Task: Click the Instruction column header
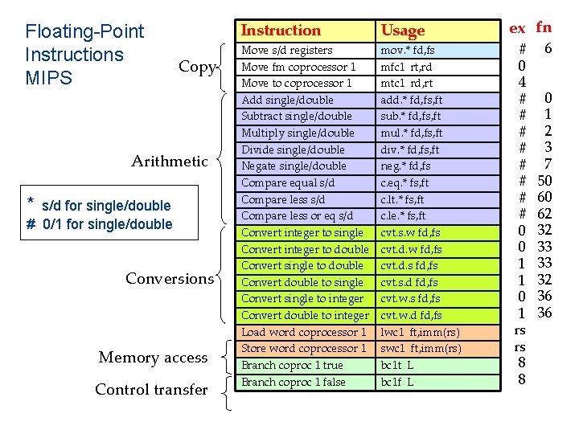(281, 31)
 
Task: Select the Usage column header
(402, 31)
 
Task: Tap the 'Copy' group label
(197, 67)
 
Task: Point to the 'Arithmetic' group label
(170, 162)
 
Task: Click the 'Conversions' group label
(170, 279)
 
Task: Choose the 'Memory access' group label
(153, 358)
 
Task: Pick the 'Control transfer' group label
(151, 390)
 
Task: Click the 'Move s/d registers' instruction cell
(287, 50)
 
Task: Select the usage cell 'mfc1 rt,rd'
(405, 67)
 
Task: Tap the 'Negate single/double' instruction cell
(294, 166)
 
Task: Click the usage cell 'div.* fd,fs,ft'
(409, 149)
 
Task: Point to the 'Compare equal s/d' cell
(288, 182)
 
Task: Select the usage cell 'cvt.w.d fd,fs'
(410, 315)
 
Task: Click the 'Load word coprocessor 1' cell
(303, 332)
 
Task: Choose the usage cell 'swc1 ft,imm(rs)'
(420, 348)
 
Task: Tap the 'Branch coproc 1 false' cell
(293, 382)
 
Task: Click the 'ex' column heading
(517, 29)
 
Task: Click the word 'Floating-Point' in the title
(84, 31)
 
